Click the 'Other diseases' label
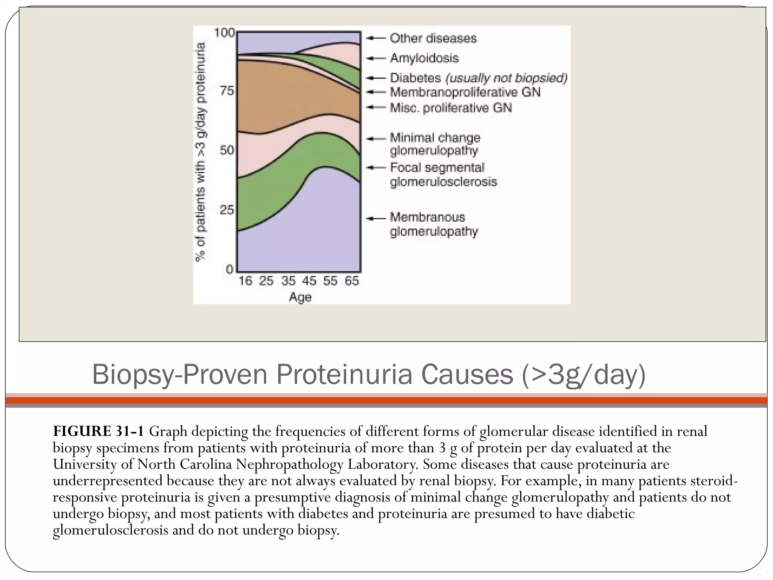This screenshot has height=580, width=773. click(433, 38)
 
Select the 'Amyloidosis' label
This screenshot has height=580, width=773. click(424, 58)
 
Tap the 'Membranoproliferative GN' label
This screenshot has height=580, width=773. click(465, 92)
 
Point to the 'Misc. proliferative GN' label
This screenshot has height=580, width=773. click(451, 108)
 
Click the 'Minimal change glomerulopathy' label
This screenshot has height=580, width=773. click(435, 144)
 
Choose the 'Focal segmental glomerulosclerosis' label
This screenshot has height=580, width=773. click(443, 174)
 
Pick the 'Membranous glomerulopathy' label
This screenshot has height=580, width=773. click(434, 224)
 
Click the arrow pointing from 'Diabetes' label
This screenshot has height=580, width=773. click(376, 78)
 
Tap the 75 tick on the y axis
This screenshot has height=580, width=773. click(226, 91)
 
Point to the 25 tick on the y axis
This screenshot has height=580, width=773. click(226, 210)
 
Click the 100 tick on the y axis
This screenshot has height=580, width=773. click(224, 33)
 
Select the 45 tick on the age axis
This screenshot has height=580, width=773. click(309, 281)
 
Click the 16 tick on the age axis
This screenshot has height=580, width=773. click(245, 281)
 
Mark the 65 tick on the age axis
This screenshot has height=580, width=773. click(351, 281)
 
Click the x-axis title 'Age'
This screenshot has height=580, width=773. click(300, 297)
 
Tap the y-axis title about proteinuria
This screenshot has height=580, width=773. click(201, 151)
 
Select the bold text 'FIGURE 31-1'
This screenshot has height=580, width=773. click(98, 431)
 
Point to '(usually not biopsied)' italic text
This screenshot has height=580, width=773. click(506, 78)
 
